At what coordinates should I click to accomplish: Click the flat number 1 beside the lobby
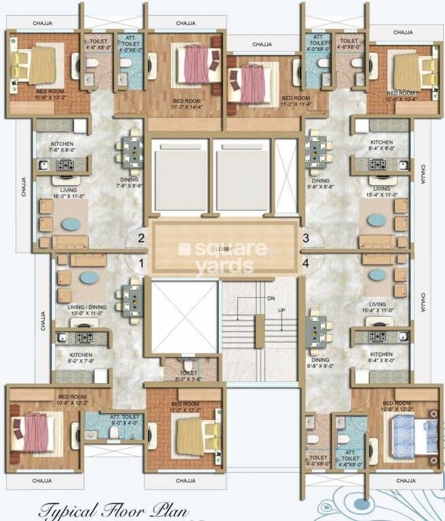142,263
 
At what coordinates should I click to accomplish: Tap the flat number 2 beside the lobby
142,238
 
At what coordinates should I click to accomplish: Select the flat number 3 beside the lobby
306,238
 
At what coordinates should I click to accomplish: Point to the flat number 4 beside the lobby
306,263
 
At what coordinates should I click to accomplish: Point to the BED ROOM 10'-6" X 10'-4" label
400,96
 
